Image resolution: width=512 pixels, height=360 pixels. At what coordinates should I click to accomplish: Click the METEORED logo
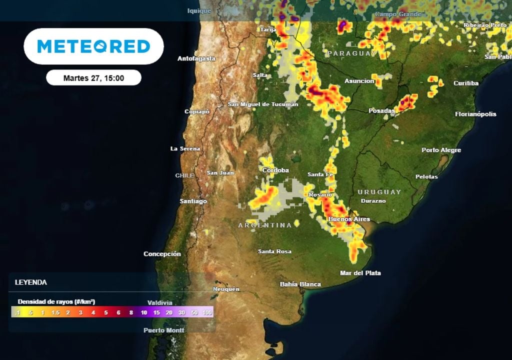93,46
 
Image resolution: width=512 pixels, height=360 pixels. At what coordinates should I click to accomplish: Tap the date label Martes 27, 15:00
93,78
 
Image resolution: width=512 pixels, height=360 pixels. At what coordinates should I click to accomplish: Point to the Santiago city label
193,201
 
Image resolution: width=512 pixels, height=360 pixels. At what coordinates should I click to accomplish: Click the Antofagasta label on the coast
196,58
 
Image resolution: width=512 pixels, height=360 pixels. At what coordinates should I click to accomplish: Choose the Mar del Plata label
360,273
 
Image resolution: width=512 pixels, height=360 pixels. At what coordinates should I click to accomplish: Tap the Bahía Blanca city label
300,284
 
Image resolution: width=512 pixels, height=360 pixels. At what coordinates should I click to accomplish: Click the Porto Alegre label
441,150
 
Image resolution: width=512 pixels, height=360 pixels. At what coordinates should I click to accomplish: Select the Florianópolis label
475,114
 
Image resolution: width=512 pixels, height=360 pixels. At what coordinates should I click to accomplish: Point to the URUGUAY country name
379,192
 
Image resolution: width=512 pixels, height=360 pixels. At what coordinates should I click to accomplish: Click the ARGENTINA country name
265,225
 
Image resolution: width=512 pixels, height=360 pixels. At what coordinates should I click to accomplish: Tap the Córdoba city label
275,170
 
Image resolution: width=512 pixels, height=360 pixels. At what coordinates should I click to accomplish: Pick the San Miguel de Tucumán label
263,104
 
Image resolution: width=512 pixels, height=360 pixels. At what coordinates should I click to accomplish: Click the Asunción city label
359,81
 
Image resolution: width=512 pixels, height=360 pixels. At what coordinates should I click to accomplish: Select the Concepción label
162,254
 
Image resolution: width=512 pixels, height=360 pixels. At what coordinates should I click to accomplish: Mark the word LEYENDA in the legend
31,282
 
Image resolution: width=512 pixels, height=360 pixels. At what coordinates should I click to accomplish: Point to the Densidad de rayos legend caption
56,301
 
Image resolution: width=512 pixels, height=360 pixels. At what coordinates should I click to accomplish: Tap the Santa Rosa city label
274,251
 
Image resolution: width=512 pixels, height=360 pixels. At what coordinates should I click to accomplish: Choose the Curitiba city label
466,83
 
